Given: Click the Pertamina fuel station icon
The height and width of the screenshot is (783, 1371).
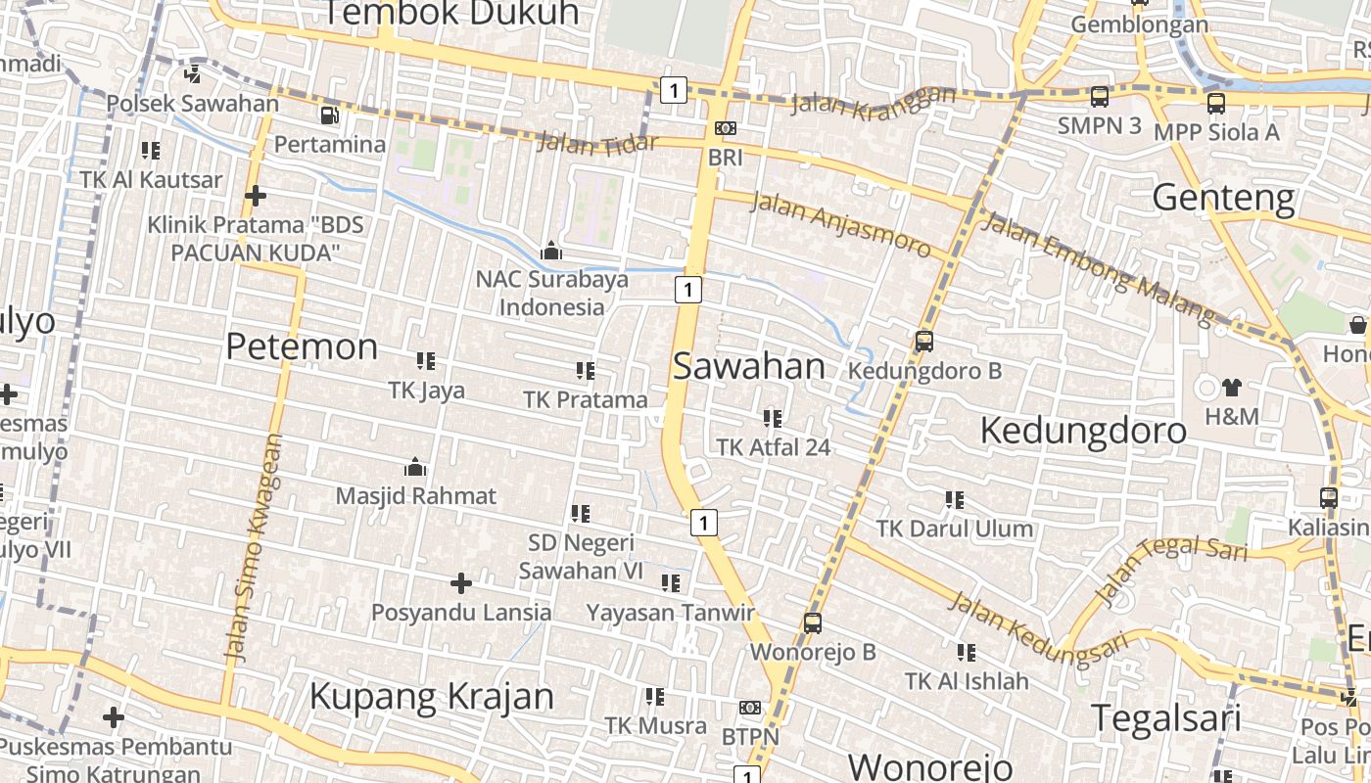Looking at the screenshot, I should pos(330,115).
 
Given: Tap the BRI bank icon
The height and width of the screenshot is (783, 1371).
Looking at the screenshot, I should pos(726,128).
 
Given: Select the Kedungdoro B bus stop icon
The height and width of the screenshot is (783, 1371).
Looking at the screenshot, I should pos(923,342).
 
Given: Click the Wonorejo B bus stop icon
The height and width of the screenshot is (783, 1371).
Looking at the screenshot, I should pos(812,622).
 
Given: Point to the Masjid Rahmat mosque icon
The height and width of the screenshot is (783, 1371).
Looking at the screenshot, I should pos(415,467).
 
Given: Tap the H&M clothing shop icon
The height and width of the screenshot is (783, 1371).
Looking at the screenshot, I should pos(1231,388).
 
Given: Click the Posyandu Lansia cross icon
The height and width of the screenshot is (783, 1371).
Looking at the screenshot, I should pos(460,584).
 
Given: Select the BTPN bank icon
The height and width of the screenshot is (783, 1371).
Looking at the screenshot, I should pos(750,708).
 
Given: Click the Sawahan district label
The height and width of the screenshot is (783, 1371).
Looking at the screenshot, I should pos(749,367).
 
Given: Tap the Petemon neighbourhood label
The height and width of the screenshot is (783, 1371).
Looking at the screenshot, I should pos(302,346).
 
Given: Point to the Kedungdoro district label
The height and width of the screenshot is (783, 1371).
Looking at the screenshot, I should pos(1083,431).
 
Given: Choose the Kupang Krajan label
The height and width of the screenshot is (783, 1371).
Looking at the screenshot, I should pos(432,697).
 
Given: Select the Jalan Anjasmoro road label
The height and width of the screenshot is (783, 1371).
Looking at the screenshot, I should pos(840,224).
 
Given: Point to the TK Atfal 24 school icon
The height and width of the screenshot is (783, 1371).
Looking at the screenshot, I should pos(773,419).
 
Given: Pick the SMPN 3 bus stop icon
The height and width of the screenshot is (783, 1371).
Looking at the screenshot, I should pos(1100,96).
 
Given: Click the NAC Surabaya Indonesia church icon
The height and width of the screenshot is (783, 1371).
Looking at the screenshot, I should pos(551,251).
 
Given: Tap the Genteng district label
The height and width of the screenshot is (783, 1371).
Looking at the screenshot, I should pos(1223,198).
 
